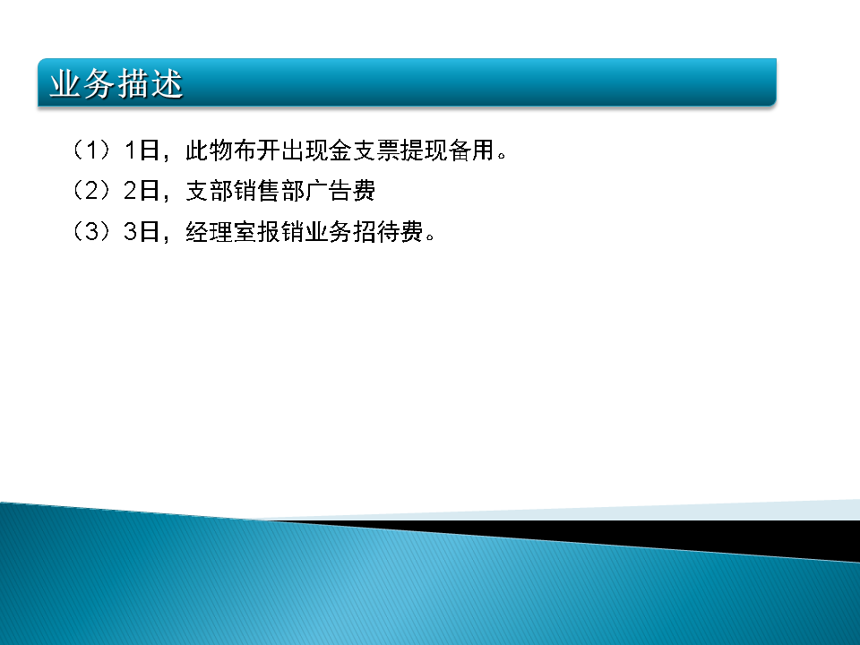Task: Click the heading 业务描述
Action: tap(116, 84)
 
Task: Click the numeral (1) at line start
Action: tap(91, 150)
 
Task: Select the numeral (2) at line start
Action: tap(91, 190)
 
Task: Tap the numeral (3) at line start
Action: tap(91, 231)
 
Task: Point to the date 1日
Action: tap(142, 150)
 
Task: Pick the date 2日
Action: tap(142, 190)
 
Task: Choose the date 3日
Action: tap(142, 231)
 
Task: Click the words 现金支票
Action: tap(353, 150)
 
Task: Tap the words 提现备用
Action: tap(448, 150)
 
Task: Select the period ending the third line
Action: tap(430, 236)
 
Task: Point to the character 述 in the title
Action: tap(167, 84)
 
